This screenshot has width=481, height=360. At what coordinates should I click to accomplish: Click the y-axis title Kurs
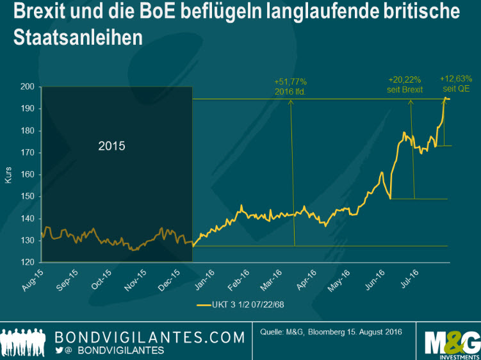point(9,174)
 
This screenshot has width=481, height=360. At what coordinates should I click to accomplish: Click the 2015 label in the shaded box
point(111,145)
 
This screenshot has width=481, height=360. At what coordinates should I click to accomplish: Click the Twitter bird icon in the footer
point(60,350)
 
